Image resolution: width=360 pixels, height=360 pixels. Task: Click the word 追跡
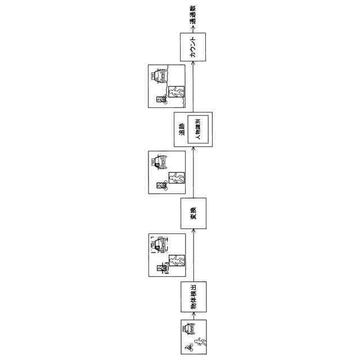click(182, 130)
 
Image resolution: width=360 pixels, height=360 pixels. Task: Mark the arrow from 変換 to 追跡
click(193, 172)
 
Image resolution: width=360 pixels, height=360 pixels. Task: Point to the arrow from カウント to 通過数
click(193, 28)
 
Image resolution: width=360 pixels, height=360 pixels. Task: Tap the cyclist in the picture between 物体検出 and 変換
click(163, 268)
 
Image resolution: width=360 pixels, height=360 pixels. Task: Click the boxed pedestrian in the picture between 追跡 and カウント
click(177, 93)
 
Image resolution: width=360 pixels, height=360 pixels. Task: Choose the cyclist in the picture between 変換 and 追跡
click(162, 185)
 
